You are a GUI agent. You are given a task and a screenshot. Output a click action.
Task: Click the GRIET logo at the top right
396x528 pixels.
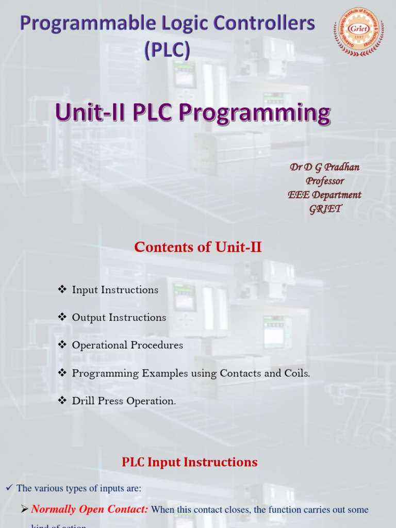point(359,31)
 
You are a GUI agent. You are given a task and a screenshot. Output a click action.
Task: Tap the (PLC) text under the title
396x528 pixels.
point(167,50)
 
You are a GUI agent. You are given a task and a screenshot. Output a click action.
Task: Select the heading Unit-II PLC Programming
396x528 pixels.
point(192,112)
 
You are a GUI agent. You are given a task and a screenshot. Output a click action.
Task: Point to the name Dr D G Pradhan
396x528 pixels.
point(324,167)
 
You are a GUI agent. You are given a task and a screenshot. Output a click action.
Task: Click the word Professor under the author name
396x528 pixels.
point(324,181)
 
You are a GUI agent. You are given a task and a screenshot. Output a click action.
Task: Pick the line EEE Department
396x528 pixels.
point(324,195)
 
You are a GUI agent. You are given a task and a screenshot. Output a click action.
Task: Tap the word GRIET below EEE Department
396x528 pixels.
point(325,209)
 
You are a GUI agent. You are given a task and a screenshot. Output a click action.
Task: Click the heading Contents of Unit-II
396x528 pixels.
point(198,247)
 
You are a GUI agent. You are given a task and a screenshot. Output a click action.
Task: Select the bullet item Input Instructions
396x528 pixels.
point(115,290)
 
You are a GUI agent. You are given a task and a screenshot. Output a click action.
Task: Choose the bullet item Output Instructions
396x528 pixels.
point(119,318)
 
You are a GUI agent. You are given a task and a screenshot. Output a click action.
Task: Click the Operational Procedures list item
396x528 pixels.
point(127,345)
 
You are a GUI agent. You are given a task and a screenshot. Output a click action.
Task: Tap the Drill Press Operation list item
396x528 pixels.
point(124,401)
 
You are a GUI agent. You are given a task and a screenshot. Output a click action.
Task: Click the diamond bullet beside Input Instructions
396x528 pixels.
point(62,290)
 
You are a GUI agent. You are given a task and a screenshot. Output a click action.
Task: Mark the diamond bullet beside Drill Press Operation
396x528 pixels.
point(62,401)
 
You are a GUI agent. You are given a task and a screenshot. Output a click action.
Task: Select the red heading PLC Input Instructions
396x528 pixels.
point(190,462)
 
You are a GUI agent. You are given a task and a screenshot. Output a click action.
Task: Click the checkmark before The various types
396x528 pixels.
point(8,488)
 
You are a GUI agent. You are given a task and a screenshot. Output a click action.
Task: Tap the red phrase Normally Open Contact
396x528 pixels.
point(90,510)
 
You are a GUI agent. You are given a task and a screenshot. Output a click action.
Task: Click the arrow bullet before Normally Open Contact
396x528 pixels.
point(24,510)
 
